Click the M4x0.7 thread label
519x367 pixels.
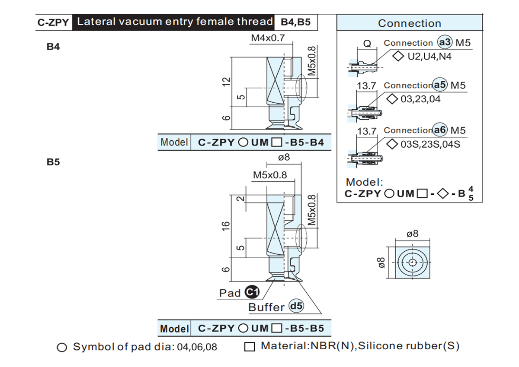pos(268,38)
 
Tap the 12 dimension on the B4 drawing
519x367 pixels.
pos(226,82)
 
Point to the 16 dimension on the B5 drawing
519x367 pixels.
pos(226,226)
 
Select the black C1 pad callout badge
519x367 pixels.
pos(252,292)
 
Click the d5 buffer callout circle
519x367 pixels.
pos(296,306)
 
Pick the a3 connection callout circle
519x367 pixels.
pos(445,42)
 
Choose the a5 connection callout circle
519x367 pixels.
pos(439,85)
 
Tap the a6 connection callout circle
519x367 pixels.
pos(439,130)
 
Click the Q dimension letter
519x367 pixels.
pos(367,43)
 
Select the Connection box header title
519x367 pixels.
pos(410,23)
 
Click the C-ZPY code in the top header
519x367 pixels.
pos(53,22)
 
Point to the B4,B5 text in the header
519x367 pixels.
pos(295,22)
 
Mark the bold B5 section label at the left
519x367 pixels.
pos(53,162)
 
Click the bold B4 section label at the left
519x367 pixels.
pos(53,47)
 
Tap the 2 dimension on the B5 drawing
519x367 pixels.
pos(241,199)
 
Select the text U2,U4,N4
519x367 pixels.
pos(429,57)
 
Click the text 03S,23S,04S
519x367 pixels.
pos(430,144)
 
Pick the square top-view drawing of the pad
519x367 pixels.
pos(413,263)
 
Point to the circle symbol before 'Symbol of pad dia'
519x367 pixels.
pos(62,347)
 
